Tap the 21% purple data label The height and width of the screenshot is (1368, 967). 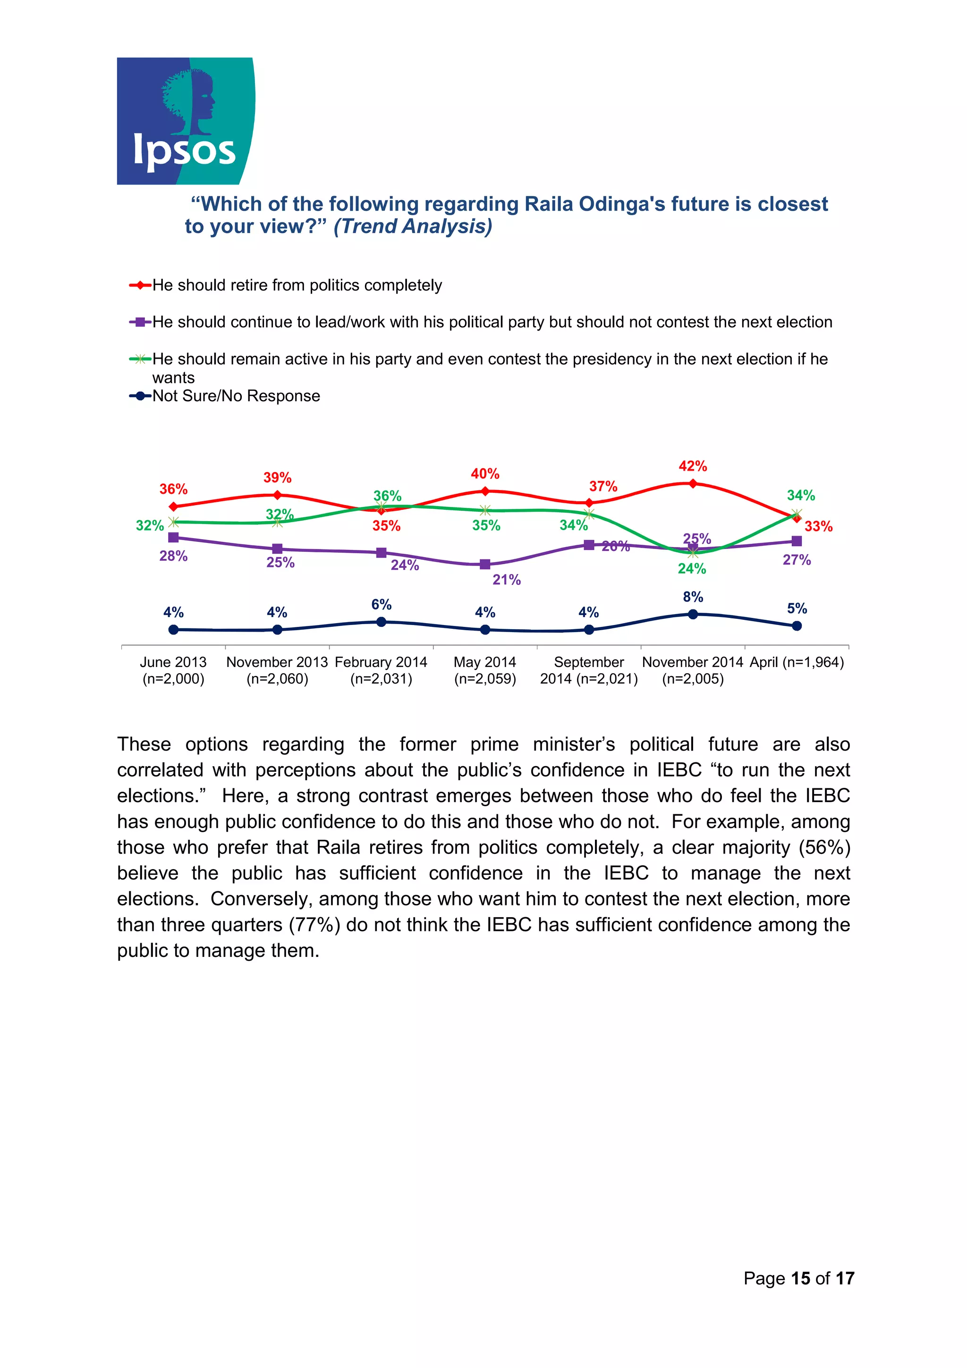click(507, 580)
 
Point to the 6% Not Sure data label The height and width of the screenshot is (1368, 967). click(382, 605)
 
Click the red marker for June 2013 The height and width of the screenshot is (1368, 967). click(173, 507)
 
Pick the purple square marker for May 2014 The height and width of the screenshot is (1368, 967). click(485, 564)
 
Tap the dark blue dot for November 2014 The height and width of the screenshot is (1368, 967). click(693, 614)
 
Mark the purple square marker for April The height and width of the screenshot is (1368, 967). click(797, 541)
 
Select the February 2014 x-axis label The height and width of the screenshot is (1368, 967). click(382, 670)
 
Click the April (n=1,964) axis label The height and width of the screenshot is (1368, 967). click(797, 663)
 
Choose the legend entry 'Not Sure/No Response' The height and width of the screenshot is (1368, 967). click(236, 396)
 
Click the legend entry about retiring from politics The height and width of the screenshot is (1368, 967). click(297, 286)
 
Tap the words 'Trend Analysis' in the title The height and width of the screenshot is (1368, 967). click(413, 227)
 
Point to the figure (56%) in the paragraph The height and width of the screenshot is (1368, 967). click(824, 847)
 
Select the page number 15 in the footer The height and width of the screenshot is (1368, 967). click(800, 1278)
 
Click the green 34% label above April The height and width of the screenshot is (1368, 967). click(801, 495)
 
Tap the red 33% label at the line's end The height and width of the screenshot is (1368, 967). click(818, 526)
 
